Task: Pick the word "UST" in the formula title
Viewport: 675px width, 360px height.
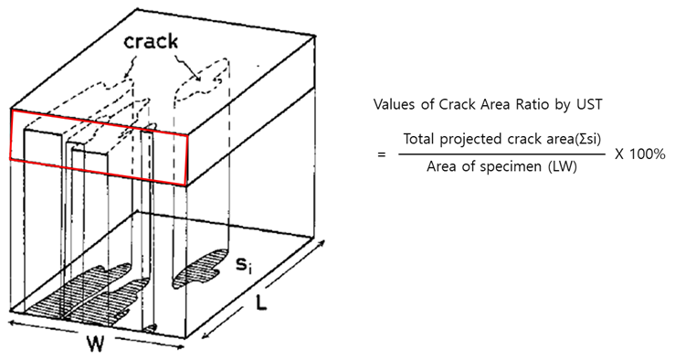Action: [579, 105]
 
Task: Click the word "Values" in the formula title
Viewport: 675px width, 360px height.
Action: [396, 105]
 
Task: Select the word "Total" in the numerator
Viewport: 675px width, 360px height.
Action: [419, 140]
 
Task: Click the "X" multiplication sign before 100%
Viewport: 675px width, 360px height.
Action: [620, 154]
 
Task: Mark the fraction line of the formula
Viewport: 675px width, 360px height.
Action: [501, 155]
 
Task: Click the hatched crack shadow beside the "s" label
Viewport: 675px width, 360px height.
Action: [200, 267]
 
